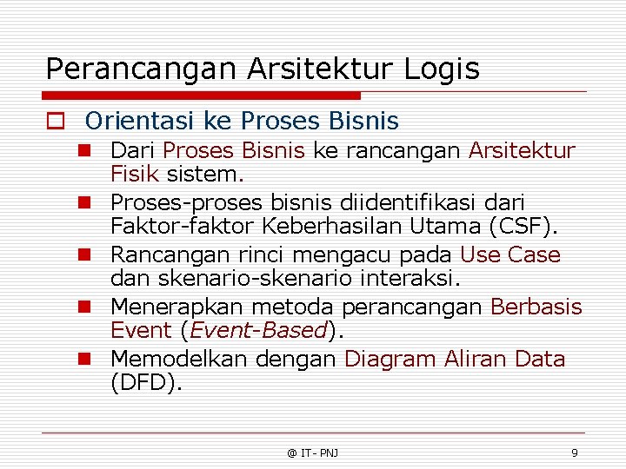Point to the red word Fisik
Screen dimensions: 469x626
pyautogui.click(x=134, y=174)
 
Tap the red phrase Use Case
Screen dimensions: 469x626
pyautogui.click(x=510, y=255)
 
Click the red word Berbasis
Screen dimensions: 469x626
pyautogui.click(x=536, y=307)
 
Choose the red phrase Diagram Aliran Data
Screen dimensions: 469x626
pyautogui.click(x=455, y=360)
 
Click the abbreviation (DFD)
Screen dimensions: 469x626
pyautogui.click(x=147, y=383)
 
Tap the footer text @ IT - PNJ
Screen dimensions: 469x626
pyautogui.click(x=313, y=452)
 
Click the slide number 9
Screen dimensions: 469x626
pyautogui.click(x=574, y=452)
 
